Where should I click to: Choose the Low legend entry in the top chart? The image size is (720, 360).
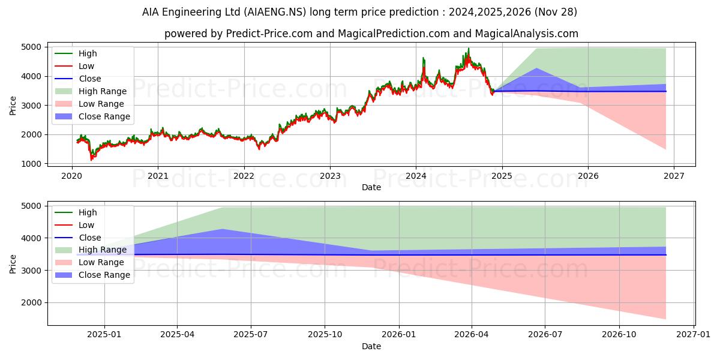point(86,66)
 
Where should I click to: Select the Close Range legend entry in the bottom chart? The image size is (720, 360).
point(104,275)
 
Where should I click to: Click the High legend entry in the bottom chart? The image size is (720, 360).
point(87,212)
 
